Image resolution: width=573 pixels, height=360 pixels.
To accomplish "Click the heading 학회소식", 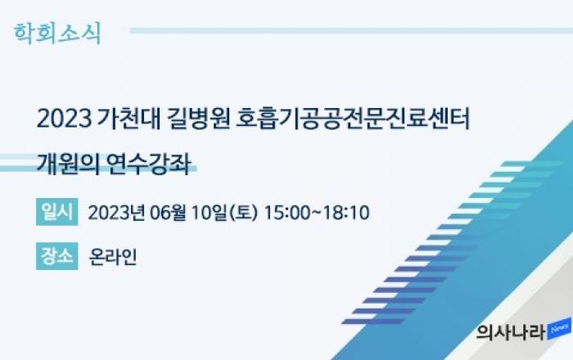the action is point(57,34).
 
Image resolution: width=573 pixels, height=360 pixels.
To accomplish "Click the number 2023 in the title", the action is point(65,119).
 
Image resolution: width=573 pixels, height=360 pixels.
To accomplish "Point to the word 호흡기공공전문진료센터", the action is point(353,119).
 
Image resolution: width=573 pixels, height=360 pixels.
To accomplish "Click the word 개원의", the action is point(68,164).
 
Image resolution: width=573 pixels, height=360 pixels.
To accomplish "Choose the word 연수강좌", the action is point(149,164).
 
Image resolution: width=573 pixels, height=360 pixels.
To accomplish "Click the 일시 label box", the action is point(57,212).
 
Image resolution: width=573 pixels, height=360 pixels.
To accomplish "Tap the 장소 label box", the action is point(57,256).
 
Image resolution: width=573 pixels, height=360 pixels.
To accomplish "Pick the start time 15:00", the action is point(286,213).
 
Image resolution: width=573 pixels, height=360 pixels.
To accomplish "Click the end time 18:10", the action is point(346,213).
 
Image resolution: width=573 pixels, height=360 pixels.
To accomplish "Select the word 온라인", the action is point(113,257).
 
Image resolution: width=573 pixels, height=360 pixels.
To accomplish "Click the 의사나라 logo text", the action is point(511,332).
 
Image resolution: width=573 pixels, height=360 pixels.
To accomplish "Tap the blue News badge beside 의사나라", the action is point(559,329).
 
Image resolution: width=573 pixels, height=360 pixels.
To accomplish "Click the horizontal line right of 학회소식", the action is point(351,30).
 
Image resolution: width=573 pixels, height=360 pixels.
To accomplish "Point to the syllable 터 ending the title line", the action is point(459,119).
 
